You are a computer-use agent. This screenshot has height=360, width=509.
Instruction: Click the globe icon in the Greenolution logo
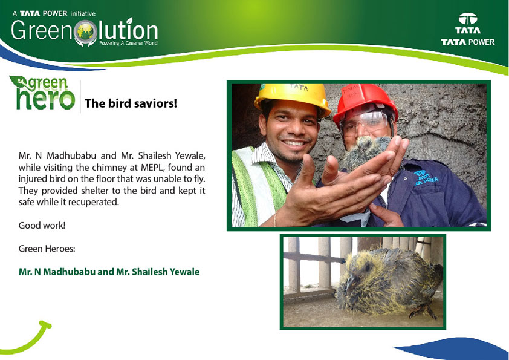point(85,32)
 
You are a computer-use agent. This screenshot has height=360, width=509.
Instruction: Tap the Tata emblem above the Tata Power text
point(468,19)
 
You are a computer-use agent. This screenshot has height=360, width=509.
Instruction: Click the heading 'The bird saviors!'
point(131,103)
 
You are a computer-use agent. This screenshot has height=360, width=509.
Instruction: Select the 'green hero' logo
point(42,93)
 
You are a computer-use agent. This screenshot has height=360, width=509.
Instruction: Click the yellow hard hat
point(292,97)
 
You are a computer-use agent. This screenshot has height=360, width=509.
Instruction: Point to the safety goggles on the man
point(365,122)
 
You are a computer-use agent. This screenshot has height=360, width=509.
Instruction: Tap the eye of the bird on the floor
point(367,266)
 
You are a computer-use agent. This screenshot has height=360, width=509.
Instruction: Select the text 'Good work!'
point(42,226)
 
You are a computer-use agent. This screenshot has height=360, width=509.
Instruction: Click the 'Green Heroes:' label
point(47,249)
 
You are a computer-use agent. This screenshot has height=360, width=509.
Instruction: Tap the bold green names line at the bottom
point(109,272)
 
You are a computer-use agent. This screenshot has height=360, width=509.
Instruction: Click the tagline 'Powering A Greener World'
point(128,43)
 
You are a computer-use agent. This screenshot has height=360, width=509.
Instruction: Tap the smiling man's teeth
point(294,143)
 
